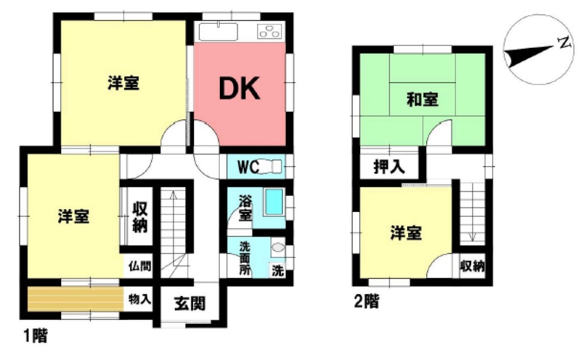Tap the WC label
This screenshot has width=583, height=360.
coord(248,167)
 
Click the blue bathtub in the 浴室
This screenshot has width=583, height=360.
coord(273,202)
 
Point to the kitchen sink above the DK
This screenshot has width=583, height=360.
coord(218,30)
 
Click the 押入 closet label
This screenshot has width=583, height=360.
coord(389,168)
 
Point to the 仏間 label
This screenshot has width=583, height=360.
coord(139,267)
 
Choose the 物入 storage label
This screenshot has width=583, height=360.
coord(139,299)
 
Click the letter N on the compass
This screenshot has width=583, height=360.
coord(563,43)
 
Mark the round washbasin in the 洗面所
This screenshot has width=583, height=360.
coord(278,247)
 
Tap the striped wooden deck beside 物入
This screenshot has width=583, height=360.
coord(75,299)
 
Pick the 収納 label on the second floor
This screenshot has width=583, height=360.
coord(472,267)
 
